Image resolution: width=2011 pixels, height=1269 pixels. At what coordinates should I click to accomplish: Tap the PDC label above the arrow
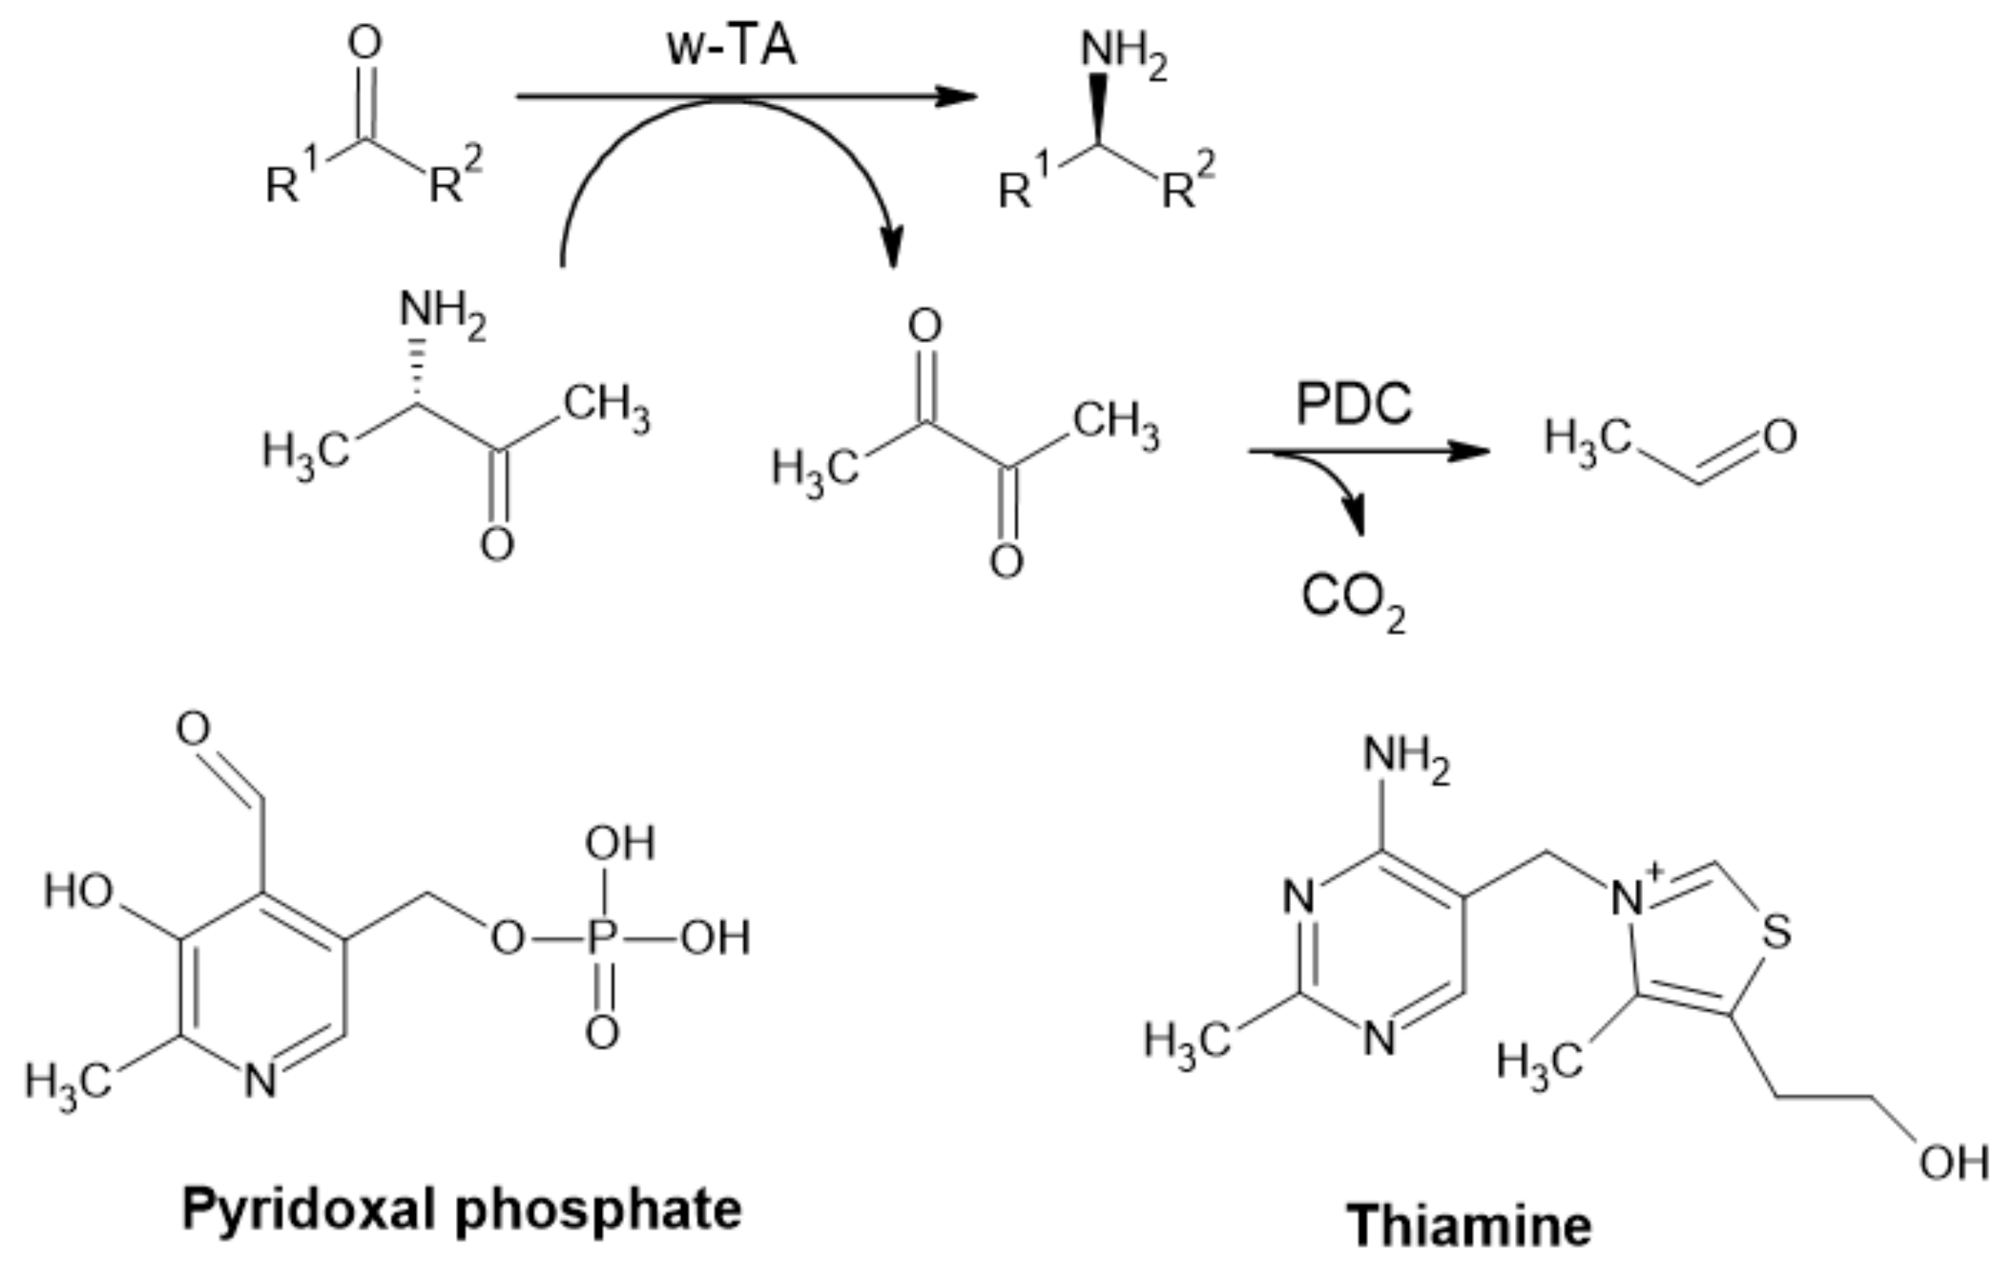(1353, 404)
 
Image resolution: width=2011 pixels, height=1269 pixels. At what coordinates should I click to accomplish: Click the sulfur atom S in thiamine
(1776, 932)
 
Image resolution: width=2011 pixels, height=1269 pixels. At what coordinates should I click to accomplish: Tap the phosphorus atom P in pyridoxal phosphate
(602, 939)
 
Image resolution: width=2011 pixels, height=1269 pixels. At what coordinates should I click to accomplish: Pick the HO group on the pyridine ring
(78, 891)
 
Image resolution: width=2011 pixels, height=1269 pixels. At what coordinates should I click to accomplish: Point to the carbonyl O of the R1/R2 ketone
(365, 42)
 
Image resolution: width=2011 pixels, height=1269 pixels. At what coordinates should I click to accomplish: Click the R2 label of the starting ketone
(454, 177)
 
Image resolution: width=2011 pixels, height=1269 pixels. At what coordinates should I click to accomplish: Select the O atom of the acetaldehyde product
(1779, 437)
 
